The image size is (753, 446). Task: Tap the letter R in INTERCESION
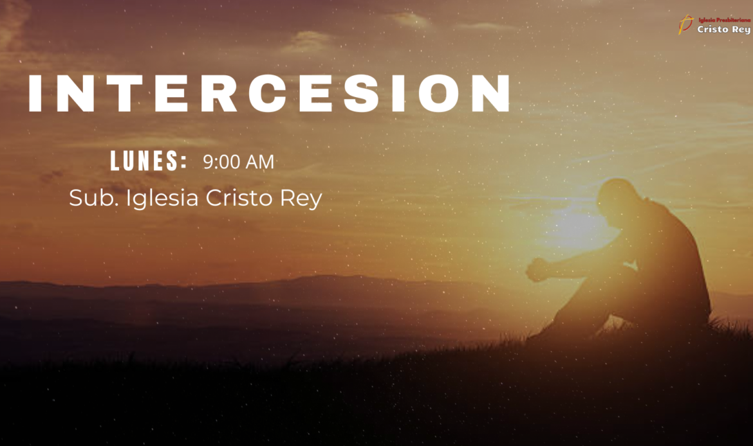(x=219, y=93)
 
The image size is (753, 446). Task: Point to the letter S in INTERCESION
(x=362, y=93)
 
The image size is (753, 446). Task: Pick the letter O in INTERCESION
(x=440, y=93)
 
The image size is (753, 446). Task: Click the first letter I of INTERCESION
(x=36, y=93)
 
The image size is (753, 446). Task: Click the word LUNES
(x=149, y=161)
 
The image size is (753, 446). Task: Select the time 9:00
(x=221, y=162)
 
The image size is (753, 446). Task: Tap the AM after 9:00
(x=260, y=162)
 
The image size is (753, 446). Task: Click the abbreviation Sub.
(x=94, y=197)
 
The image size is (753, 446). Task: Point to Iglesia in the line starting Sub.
(x=162, y=199)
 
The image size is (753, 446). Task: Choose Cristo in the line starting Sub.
(x=239, y=197)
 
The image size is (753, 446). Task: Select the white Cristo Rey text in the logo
(x=723, y=30)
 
